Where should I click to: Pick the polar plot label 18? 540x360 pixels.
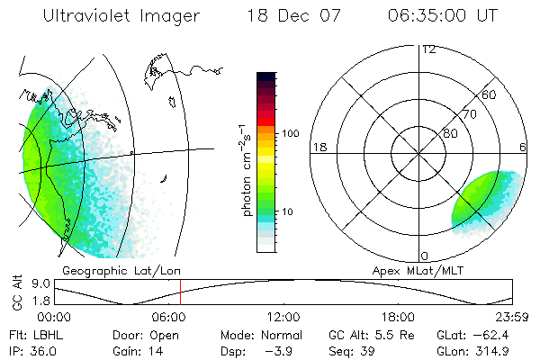pos(318,147)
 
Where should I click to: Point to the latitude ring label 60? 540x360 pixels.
pos(490,94)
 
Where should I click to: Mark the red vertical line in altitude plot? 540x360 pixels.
pos(180,292)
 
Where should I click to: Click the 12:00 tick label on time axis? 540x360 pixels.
pos(283,317)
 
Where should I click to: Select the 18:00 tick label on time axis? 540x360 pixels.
pos(398,317)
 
